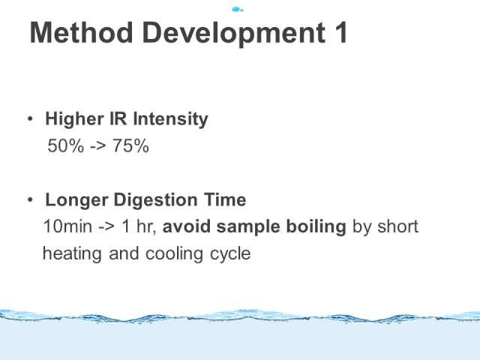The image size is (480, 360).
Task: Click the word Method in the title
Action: (x=82, y=32)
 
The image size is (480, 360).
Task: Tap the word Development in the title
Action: (x=233, y=34)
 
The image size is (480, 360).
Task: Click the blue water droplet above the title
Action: (x=237, y=10)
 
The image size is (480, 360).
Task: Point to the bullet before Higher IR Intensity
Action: (x=30, y=118)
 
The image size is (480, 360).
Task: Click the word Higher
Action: (x=74, y=119)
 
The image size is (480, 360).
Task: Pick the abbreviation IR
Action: (x=118, y=118)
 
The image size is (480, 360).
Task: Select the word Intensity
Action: (x=170, y=118)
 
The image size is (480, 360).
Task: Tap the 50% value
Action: (x=65, y=145)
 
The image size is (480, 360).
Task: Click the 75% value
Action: (x=130, y=145)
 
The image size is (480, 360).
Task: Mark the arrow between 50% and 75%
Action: (x=98, y=146)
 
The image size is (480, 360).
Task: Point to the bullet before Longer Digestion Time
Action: (x=30, y=199)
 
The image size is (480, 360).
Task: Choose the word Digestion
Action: (x=155, y=200)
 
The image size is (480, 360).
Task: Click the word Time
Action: (x=225, y=199)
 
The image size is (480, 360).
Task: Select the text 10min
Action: (x=67, y=226)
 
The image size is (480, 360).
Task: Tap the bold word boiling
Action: (x=316, y=227)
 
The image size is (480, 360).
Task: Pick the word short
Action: (x=397, y=226)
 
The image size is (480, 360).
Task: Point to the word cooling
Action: (x=174, y=254)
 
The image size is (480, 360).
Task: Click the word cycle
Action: (x=230, y=255)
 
